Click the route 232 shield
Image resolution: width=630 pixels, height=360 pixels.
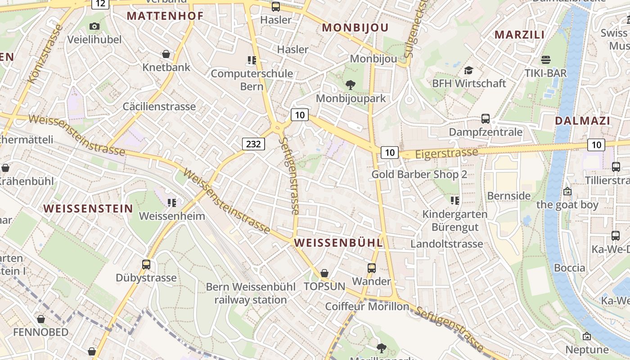pyautogui.click(x=253, y=144)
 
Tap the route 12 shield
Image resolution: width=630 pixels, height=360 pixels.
pyautogui.click(x=101, y=4)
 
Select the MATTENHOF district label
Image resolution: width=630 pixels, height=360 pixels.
pyautogui.click(x=165, y=16)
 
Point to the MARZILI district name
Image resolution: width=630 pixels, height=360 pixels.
pyautogui.click(x=520, y=35)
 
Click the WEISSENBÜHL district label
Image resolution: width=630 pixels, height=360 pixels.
pyautogui.click(x=338, y=243)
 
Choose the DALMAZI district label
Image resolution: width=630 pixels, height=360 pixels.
pyautogui.click(x=582, y=121)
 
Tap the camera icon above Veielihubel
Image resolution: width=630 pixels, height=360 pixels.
pyautogui.click(x=94, y=27)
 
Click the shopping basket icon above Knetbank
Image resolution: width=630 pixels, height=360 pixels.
pyautogui.click(x=166, y=54)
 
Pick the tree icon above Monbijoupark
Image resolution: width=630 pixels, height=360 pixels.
pyautogui.click(x=351, y=85)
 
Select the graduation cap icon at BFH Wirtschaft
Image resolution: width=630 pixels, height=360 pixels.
pyautogui.click(x=468, y=70)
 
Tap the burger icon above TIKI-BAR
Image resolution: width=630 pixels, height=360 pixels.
pyautogui.click(x=546, y=60)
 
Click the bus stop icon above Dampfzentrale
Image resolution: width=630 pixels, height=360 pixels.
pyautogui.click(x=486, y=119)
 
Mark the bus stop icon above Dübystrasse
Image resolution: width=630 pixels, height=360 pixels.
pyautogui.click(x=146, y=264)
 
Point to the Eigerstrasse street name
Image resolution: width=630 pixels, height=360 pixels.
pyautogui.click(x=446, y=153)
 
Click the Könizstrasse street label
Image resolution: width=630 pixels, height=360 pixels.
pyautogui.click(x=45, y=54)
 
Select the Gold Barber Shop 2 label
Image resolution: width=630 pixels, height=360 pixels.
pyautogui.click(x=419, y=174)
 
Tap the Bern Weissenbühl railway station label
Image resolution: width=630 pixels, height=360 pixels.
pyautogui.click(x=251, y=293)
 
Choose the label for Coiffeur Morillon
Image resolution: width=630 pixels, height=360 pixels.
pyautogui.click(x=367, y=306)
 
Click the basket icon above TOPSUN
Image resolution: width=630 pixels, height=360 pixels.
pyautogui.click(x=324, y=273)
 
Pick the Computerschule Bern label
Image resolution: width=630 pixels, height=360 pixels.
pyautogui.click(x=252, y=80)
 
